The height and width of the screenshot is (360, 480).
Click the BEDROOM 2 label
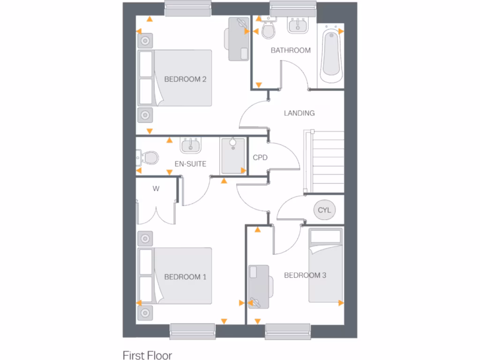pyautogui.click(x=185, y=79)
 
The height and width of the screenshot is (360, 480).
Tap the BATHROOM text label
pyautogui.click(x=291, y=50)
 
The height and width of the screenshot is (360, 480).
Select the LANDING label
pyautogui.click(x=299, y=113)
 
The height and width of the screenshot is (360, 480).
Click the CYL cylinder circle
pyautogui.click(x=324, y=210)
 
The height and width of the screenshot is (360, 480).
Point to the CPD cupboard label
pyautogui.click(x=260, y=157)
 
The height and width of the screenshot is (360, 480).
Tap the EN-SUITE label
pyautogui.click(x=190, y=164)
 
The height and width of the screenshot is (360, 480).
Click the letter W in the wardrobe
pyautogui.click(x=156, y=189)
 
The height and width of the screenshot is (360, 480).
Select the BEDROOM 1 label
pyautogui.click(x=185, y=277)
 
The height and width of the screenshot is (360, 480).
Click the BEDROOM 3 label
pyautogui.click(x=305, y=275)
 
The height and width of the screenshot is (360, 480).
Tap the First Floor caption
pyautogui.click(x=147, y=355)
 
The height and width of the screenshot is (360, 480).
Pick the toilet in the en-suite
pyautogui.click(x=148, y=157)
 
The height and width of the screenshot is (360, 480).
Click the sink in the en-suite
pyautogui.click(x=191, y=145)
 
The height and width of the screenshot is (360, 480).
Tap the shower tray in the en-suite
pyautogui.click(x=233, y=156)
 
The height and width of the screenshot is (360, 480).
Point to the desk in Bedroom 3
pyautogui.click(x=259, y=286)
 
